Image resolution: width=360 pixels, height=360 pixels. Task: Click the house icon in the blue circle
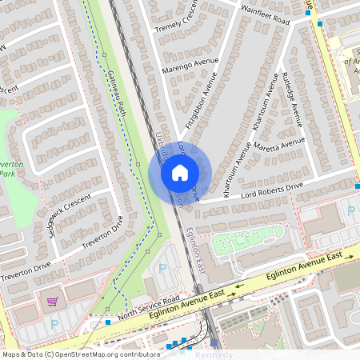click(179, 171)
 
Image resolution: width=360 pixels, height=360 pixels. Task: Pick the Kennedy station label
click(214, 354)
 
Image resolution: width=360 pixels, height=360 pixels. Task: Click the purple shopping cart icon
click(52, 302)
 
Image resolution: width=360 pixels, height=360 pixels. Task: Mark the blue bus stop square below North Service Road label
click(109, 322)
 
